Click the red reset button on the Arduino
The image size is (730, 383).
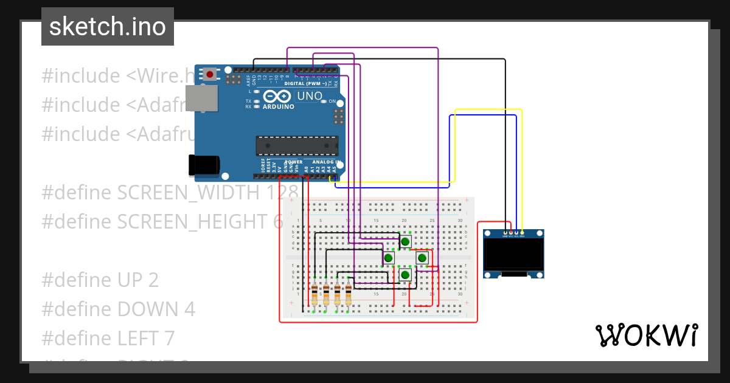[210, 74]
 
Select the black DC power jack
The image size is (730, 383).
[203, 165]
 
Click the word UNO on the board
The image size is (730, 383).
[309, 96]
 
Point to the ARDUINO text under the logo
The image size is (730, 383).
[278, 106]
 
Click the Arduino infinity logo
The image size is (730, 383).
[278, 96]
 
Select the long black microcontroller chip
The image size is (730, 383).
[297, 146]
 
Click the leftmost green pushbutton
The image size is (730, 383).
[388, 258]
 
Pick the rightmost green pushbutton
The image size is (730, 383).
[422, 258]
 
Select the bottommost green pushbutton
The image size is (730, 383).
[405, 275]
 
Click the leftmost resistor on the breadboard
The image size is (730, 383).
[315, 295]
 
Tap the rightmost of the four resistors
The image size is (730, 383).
[349, 295]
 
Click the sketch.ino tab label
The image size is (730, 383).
[108, 27]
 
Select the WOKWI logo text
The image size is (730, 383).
[646, 335]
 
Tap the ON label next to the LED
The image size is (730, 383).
[332, 102]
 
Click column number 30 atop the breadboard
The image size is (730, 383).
[460, 220]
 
